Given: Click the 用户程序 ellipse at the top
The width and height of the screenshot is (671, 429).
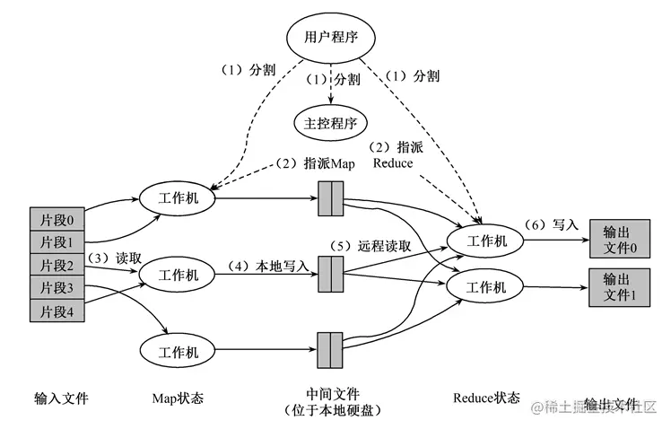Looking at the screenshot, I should pyautogui.click(x=330, y=38).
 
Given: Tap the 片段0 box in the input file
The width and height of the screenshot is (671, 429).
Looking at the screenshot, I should pyautogui.click(x=57, y=219).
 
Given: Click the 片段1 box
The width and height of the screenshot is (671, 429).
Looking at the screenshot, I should pyautogui.click(x=57, y=241).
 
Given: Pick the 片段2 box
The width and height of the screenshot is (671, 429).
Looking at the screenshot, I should pyautogui.click(x=57, y=265).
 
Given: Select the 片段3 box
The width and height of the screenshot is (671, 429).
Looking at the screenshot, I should pyautogui.click(x=57, y=287).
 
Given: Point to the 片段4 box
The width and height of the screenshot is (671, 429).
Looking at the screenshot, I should pyautogui.click(x=57, y=311).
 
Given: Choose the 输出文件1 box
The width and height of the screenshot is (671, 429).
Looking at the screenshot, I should pyautogui.click(x=619, y=287).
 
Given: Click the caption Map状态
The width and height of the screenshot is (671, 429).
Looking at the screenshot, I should pyautogui.click(x=176, y=398).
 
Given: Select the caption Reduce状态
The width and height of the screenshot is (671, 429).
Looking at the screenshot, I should pyautogui.click(x=485, y=398).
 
